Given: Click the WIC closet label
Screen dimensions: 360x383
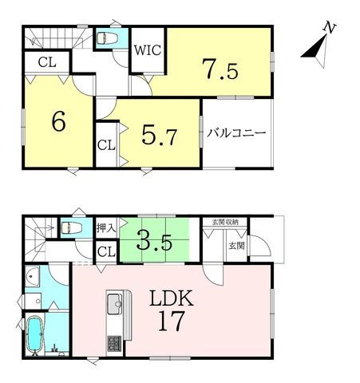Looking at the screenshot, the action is [148, 50].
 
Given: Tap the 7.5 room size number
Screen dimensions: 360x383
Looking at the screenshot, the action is [220, 69].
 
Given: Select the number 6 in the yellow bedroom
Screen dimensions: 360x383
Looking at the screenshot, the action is [59, 121].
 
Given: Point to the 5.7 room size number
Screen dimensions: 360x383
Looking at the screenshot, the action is [160, 135].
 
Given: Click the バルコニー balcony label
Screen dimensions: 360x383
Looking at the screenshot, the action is [236, 133].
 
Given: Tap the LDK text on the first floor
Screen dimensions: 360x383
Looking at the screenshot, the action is [172, 298].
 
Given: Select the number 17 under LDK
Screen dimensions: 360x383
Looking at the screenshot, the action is [172, 321].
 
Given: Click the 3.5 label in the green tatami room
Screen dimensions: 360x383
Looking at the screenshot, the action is [154, 241].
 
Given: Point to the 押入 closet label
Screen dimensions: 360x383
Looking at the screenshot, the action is [106, 228].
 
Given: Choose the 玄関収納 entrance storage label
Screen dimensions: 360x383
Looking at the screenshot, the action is [225, 222].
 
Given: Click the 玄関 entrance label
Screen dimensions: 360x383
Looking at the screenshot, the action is [236, 246].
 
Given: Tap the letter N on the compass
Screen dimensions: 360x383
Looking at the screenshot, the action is [330, 28].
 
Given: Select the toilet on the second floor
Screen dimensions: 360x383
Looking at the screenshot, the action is [107, 38].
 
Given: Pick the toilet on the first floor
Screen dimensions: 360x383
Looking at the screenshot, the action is [72, 227].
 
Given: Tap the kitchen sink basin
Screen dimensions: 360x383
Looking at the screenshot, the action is [114, 303].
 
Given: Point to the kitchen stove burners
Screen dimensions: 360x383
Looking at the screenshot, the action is [114, 343].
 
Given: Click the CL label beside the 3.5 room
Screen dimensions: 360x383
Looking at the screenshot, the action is [106, 251].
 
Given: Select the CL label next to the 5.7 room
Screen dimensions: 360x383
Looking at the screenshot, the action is [106, 145].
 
